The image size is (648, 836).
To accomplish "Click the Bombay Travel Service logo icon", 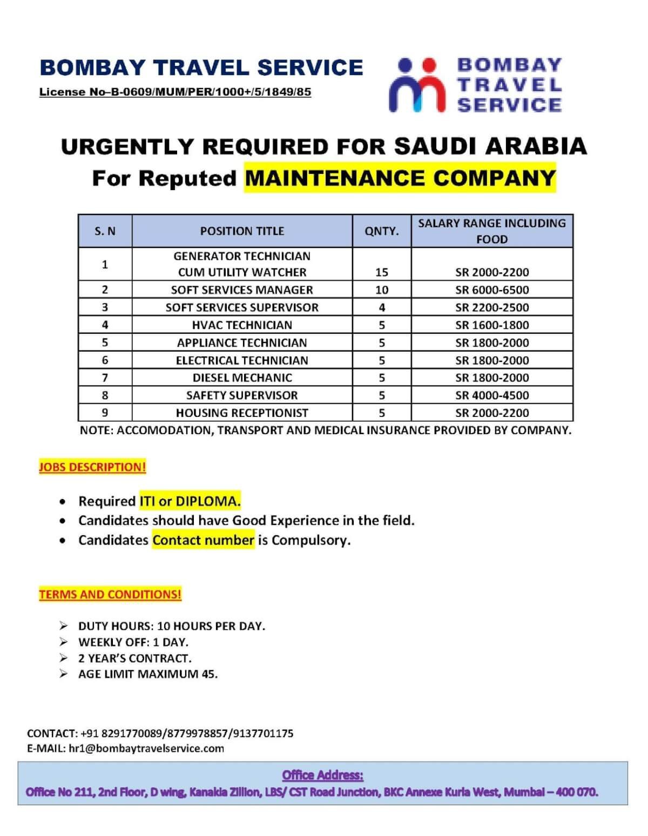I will pos(417,85).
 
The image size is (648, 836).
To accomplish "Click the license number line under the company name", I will pos(175,92).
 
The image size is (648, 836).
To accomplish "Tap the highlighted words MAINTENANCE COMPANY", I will pos(400,178).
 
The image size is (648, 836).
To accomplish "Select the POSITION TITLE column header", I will pos(242,231).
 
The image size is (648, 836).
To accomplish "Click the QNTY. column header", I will pos(382,231).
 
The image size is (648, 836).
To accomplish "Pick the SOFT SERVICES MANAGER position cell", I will pos(242,290).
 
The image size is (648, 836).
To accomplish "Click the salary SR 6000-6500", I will pos(492,290).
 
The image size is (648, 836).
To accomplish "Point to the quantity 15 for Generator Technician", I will pos(382,272).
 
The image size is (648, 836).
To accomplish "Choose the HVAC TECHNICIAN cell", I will pos(242,325).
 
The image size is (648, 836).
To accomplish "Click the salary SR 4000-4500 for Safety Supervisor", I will pos(492,395).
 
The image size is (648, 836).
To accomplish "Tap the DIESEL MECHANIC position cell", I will pos(242,377).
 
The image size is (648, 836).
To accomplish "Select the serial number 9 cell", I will pos(105,413).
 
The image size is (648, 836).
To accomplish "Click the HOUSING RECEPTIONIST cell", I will pos(242,413).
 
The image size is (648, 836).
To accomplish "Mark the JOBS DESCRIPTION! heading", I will pos(92,467).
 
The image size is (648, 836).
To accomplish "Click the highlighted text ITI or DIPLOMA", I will pos(190,501).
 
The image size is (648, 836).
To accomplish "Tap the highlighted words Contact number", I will pos(203,540).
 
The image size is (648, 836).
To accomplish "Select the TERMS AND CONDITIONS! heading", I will pos(110,595).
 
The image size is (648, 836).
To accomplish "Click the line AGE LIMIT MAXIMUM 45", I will pos(148,674).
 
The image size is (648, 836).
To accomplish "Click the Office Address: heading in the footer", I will pos(323,776).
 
